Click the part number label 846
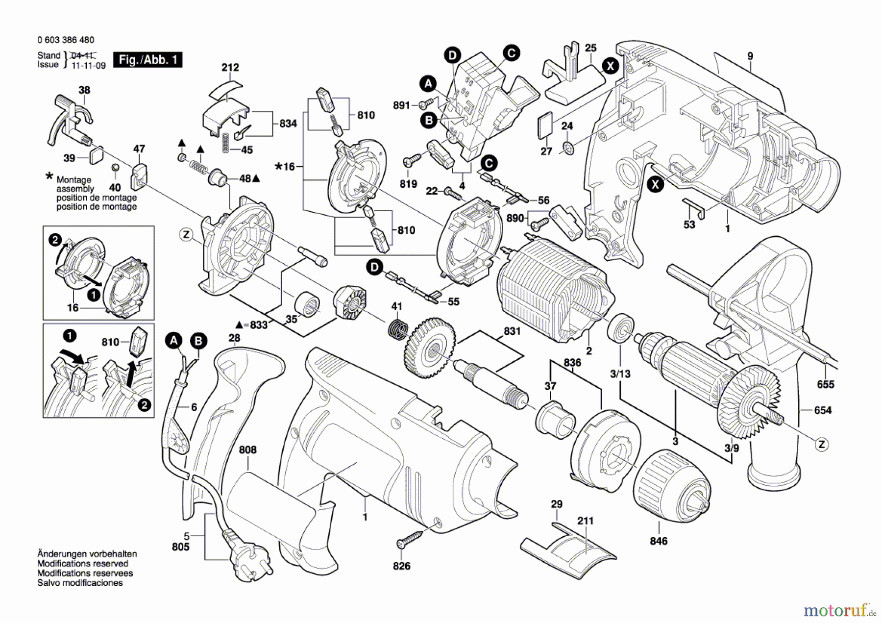659,541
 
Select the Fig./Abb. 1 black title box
147,60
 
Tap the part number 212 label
230,67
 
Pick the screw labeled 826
411,538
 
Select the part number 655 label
825,384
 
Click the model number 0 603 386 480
66,40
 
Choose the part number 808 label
247,449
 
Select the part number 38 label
84,90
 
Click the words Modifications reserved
83,564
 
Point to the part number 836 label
572,362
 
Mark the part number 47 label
139,149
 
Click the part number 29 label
557,504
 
